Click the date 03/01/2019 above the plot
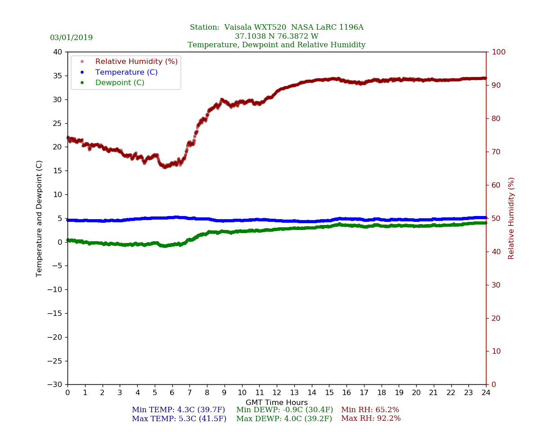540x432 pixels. pyautogui.click(x=71, y=38)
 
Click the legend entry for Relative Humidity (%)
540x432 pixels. pyautogui.click(x=136, y=61)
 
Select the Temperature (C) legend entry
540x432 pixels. pyautogui.click(x=126, y=72)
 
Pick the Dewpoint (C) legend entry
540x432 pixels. pyautogui.click(x=119, y=83)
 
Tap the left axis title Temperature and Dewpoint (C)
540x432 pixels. pyautogui.click(x=39, y=218)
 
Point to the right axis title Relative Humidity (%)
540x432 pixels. pyautogui.click(x=511, y=218)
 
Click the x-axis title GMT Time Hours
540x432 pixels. pyautogui.click(x=276, y=403)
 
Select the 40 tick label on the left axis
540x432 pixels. pyautogui.click(x=58, y=52)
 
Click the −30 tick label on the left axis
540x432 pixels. pyautogui.click(x=55, y=384)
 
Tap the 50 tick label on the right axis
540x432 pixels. pyautogui.click(x=495, y=218)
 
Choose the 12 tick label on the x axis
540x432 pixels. pyautogui.click(x=276, y=393)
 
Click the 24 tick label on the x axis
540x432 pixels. pyautogui.click(x=486, y=393)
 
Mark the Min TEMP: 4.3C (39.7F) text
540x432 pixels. pyautogui.click(x=178, y=410)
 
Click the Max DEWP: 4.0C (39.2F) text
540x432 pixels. pyautogui.click(x=284, y=418)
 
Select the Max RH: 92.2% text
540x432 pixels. pyautogui.click(x=370, y=418)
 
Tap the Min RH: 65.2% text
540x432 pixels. pyautogui.click(x=370, y=410)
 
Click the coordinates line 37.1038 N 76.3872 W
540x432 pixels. pyautogui.click(x=276, y=36)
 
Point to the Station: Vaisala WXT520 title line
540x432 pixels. pyautogui.click(x=276, y=27)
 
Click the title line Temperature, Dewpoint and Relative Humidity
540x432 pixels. pyautogui.click(x=276, y=45)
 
